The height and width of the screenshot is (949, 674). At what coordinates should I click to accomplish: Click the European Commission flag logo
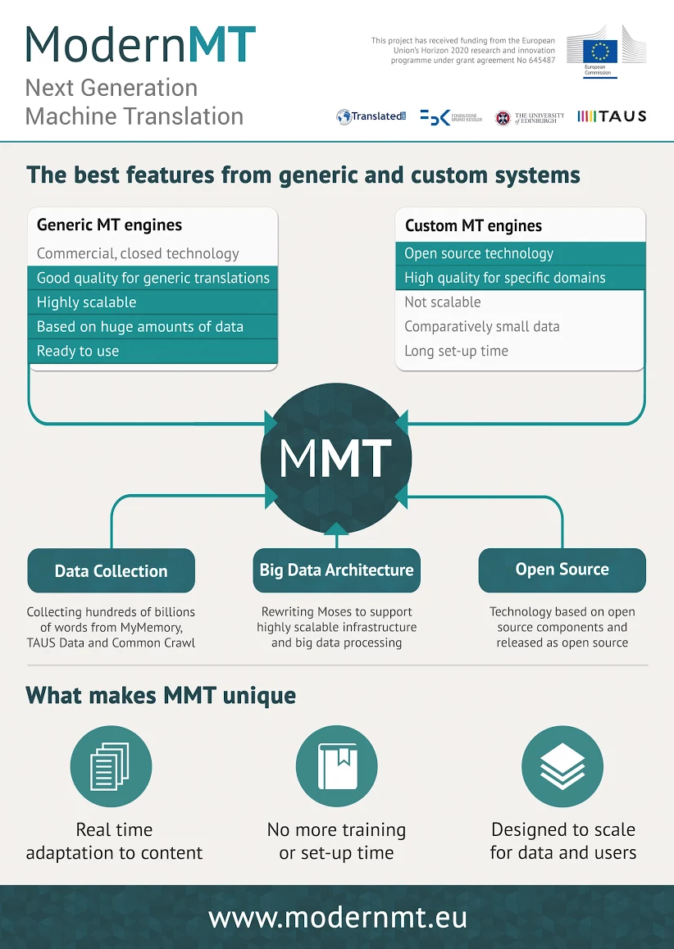pos(600,52)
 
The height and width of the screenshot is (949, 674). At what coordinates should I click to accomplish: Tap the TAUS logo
pos(612,116)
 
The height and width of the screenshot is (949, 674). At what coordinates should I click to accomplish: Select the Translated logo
pos(371,117)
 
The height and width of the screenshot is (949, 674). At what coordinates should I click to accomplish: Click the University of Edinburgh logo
pos(530,117)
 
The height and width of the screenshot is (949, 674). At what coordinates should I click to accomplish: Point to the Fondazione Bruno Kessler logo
pos(450,117)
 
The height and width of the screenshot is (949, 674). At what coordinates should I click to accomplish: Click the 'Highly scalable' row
pos(153,302)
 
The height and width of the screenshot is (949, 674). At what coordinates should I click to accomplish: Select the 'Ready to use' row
pos(153,351)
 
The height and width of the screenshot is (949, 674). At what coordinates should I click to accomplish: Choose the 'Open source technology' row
pos(520,253)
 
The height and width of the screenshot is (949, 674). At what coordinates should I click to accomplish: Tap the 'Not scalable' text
pos(443,302)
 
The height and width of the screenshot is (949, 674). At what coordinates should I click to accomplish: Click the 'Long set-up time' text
pos(456,351)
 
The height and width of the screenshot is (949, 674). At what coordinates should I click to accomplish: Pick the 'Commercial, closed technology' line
pos(138,254)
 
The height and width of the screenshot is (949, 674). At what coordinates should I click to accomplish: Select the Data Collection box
pos(112,571)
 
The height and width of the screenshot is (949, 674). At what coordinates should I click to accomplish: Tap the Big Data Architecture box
pos(336,570)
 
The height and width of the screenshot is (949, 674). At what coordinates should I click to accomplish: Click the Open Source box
pos(562,570)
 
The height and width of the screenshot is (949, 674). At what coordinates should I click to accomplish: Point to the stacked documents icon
pos(112,767)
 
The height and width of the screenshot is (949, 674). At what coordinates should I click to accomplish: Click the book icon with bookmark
pos(336,767)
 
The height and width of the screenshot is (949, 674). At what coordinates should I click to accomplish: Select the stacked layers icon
pos(562,767)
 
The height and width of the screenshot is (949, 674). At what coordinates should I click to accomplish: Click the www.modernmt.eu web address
pos(337,917)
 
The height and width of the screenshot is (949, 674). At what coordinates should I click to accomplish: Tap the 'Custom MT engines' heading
pos(473,225)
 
